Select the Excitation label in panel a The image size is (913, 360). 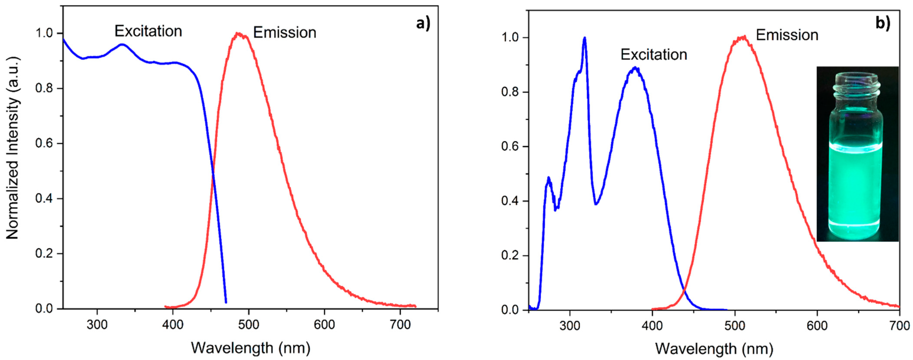click(148, 32)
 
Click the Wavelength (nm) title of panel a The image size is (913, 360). click(251, 348)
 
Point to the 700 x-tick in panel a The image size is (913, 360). click(400, 324)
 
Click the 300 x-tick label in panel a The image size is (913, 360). click(97, 324)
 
